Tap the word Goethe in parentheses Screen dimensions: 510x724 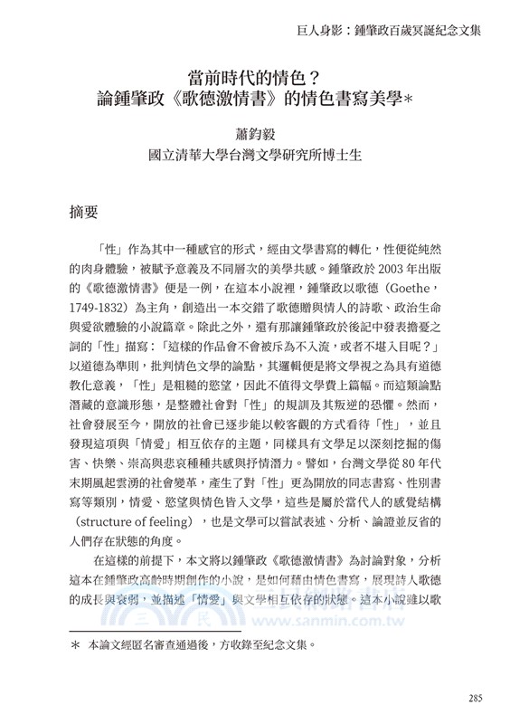click(x=424, y=290)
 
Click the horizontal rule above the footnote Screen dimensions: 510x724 click(x=155, y=630)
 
